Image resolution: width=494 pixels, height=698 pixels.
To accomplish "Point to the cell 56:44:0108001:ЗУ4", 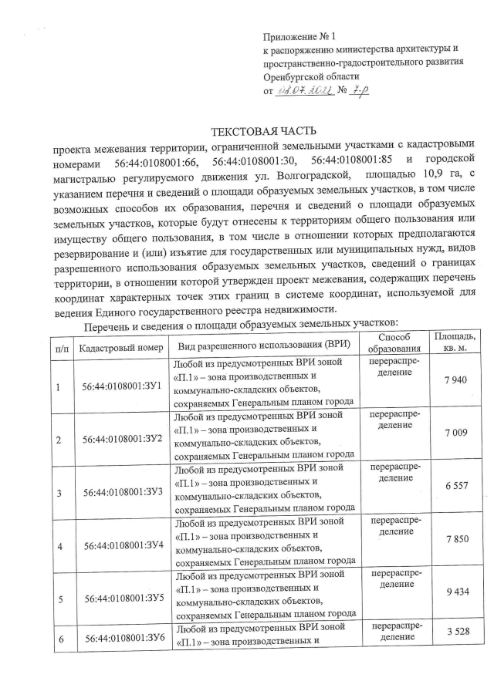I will tap(121, 546).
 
